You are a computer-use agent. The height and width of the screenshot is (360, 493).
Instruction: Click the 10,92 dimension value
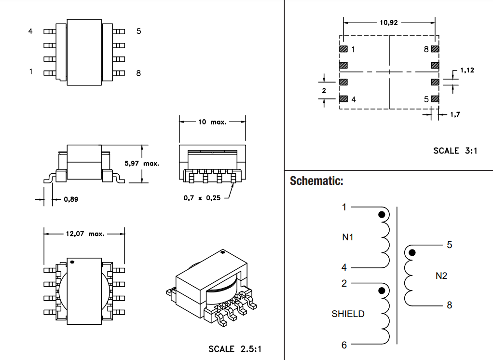coord(389,23)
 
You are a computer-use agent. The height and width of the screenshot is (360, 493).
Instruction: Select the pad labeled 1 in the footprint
coord(343,49)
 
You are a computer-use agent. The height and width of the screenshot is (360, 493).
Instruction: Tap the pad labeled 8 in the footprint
coord(435,49)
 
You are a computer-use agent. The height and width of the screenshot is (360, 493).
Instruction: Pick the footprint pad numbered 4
coord(343,99)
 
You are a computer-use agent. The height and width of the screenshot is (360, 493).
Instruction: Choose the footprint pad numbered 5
coord(435,99)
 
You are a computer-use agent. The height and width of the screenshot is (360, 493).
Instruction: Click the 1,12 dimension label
coord(467,70)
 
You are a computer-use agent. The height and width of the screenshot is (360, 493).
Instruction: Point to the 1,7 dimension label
coord(455,114)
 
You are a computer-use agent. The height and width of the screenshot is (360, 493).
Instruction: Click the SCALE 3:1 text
coord(455,151)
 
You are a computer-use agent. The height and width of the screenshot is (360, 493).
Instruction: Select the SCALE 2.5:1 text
coord(235,349)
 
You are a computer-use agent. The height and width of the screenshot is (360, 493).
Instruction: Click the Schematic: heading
coord(316,181)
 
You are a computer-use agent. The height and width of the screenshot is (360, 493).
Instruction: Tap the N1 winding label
coord(348,237)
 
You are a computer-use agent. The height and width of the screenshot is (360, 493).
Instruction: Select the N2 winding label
coord(441,276)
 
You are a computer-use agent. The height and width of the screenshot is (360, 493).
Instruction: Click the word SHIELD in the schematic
coord(348,314)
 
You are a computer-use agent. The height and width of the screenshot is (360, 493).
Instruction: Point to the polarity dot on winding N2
coord(412,252)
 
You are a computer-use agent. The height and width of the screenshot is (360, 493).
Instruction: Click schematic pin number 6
coord(344,345)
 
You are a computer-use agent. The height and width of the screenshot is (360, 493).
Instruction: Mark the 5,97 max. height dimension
coord(142,164)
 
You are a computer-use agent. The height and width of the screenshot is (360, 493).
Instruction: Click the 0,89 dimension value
coord(71,199)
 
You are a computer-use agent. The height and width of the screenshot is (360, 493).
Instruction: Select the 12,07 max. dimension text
coord(85,234)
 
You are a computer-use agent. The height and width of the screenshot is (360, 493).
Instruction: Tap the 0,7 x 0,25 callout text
coord(202,198)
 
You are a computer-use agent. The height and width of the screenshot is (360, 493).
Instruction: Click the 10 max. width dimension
coord(212,122)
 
